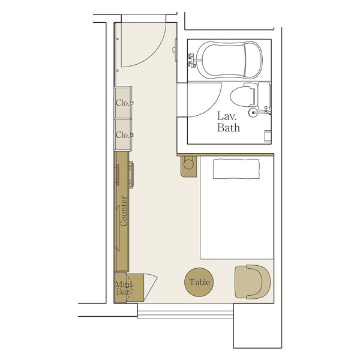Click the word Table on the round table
(x=199, y=282)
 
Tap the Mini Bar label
(x=124, y=288)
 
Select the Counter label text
(x=124, y=211)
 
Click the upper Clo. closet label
(x=122, y=103)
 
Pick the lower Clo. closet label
(x=122, y=135)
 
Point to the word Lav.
(x=227, y=116)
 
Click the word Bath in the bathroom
(x=229, y=127)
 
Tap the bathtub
(x=229, y=60)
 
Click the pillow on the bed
(x=236, y=169)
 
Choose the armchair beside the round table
(x=253, y=282)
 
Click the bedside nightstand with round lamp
(x=188, y=166)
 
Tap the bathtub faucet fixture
(x=192, y=60)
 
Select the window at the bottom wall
(x=185, y=311)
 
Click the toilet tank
(x=264, y=96)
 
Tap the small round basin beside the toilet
(x=253, y=112)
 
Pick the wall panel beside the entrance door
(x=176, y=50)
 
